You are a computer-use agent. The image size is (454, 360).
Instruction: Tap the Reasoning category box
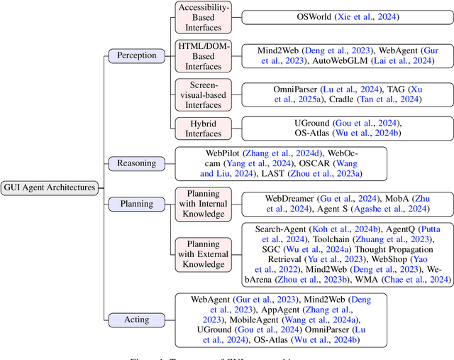[x=136, y=163]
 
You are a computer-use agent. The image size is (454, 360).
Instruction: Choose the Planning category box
[x=136, y=203]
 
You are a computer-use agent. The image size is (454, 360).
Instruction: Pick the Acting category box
[x=136, y=319]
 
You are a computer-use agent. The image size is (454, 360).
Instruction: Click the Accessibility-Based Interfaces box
[x=203, y=16]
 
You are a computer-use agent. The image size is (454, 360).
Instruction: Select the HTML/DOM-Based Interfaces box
[x=203, y=56]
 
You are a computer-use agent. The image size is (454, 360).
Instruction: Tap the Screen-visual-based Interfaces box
[x=203, y=94]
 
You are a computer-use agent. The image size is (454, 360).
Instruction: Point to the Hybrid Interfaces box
[x=203, y=128]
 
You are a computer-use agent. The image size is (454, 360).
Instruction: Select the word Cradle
[x=345, y=99]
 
